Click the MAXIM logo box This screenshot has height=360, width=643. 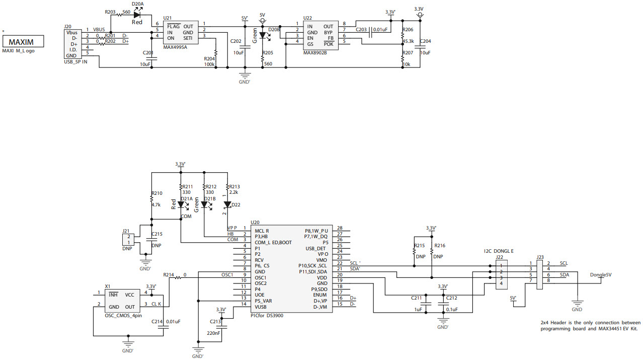point(23,41)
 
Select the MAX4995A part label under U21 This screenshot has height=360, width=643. point(175,47)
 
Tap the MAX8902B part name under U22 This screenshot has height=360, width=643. point(315,52)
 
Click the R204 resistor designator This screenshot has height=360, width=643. point(209,58)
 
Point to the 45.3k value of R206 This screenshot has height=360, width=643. point(409,41)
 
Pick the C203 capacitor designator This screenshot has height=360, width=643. point(361,30)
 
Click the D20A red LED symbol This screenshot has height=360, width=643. point(137,15)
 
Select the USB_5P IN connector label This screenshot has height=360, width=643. point(76,61)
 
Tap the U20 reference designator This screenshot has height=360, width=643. point(255,222)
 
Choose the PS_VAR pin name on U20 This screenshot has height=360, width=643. point(263,301)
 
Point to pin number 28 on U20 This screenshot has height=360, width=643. point(340,228)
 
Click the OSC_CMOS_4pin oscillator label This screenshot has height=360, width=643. point(123,315)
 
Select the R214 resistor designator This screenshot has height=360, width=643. point(169,275)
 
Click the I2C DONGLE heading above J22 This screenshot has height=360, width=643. point(499,251)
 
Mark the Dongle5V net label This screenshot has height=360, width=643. point(601,274)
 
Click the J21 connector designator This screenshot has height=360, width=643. point(126,231)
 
